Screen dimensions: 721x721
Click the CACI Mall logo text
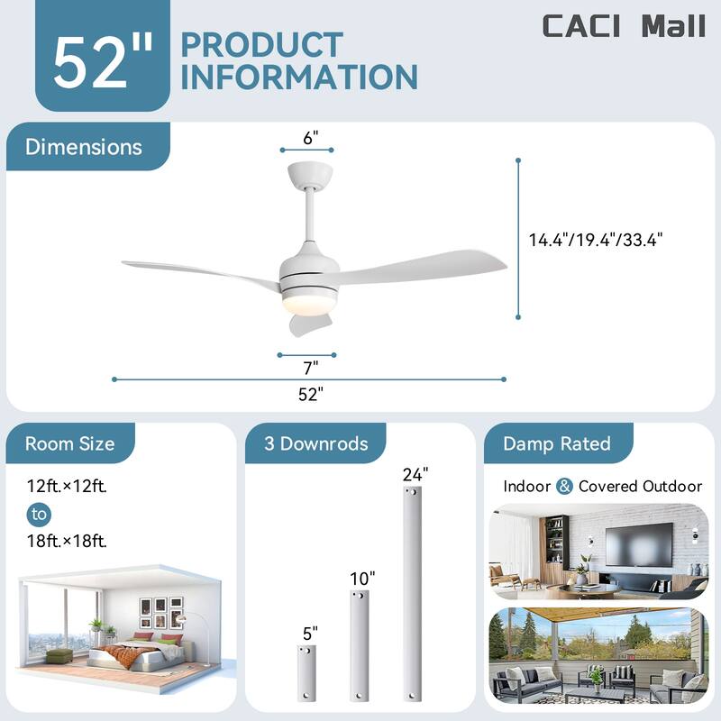623,26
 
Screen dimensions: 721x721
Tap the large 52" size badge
102,61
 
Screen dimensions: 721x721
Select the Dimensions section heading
84,147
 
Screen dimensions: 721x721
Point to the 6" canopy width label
311,138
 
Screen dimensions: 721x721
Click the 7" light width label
309,367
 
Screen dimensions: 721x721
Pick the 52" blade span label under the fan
309,393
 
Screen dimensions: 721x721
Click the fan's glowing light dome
306,305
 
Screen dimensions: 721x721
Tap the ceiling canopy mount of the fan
309,174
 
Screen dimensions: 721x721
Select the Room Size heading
69,443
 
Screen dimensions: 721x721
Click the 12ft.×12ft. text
67,487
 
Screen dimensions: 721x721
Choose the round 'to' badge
39,515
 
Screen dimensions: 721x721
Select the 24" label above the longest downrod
415,473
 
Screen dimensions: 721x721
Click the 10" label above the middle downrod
362,578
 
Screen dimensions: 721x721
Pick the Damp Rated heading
556,443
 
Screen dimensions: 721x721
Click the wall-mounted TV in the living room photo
638,544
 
